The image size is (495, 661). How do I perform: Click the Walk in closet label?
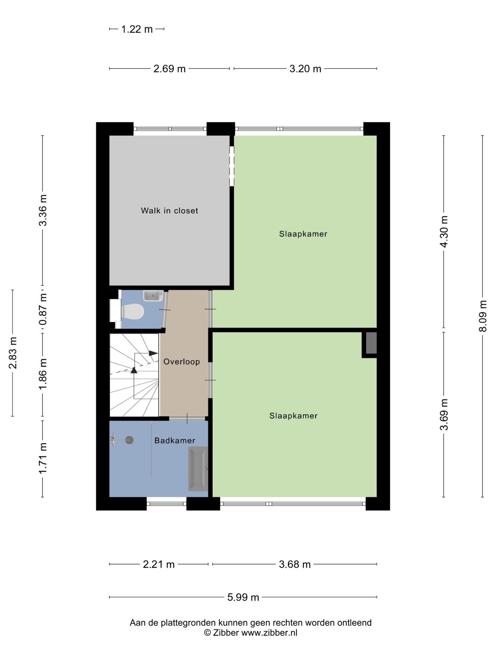click(x=169, y=211)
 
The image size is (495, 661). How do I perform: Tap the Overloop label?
click(x=181, y=361)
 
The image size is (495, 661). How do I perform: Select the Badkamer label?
click(x=175, y=440)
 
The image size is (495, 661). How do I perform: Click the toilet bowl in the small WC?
click(x=133, y=312)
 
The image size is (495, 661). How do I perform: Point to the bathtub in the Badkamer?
click(x=198, y=469)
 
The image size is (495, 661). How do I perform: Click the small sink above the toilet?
click(x=153, y=296)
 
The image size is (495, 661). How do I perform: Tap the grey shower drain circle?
click(x=129, y=440)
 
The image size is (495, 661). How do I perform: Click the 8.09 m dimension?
click(x=483, y=316)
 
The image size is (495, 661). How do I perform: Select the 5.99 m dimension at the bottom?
click(x=243, y=597)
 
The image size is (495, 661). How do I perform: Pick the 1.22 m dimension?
click(x=137, y=29)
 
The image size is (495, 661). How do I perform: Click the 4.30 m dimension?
click(x=444, y=231)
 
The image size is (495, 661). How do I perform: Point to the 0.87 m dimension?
click(x=43, y=309)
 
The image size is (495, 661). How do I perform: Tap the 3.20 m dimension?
click(x=305, y=69)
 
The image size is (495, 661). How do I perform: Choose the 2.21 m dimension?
click(x=158, y=564)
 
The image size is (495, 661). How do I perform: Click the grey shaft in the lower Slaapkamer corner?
click(x=371, y=343)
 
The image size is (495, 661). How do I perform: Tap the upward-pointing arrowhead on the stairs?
click(x=134, y=370)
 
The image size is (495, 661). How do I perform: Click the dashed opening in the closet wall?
click(x=232, y=166)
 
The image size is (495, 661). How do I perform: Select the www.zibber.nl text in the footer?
click(x=269, y=633)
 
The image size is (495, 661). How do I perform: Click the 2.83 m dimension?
click(x=13, y=353)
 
